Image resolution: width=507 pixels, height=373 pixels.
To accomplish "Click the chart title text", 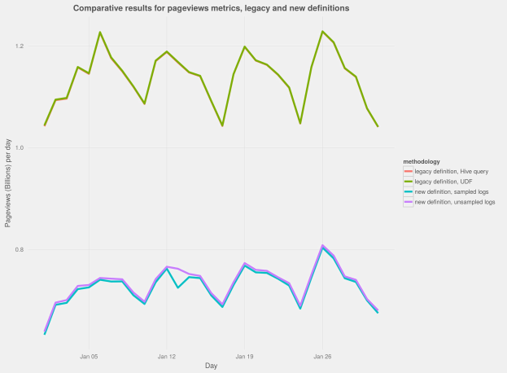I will coord(212,8).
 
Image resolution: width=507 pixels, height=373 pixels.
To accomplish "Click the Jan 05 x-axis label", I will coord(89,356).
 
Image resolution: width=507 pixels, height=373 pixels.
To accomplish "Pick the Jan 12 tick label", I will coord(167,356).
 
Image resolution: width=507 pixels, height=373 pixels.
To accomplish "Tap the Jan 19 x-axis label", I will coord(244,356).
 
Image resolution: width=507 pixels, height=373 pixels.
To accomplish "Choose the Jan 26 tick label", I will coord(322,356).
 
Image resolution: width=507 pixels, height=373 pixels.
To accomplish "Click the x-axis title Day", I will coord(211,366).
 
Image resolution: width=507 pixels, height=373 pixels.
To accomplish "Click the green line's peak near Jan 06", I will coord(100,33).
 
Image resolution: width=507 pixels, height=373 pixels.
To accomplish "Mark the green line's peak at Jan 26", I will coord(322,32).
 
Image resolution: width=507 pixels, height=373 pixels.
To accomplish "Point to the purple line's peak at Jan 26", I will coord(322,244).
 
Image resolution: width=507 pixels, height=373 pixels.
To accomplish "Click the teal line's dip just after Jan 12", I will coord(177,287).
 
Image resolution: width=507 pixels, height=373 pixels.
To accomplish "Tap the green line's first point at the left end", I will coord(45,125).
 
